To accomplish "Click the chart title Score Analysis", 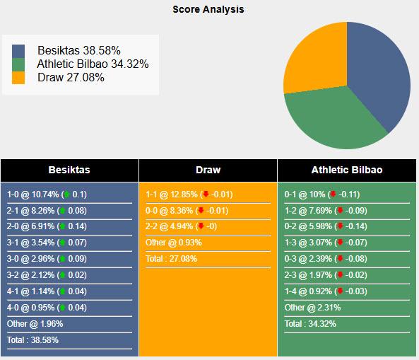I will tap(208, 10).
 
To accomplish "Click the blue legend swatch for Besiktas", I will tap(18, 51).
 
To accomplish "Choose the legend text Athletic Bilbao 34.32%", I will tap(93, 64).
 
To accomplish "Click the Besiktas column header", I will tap(69, 170).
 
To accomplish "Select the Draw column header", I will tap(208, 170).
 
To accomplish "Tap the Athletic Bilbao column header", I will tap(347, 170).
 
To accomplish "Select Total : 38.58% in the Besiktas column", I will tap(33, 339).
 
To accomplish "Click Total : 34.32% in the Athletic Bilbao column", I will tap(310, 324).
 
